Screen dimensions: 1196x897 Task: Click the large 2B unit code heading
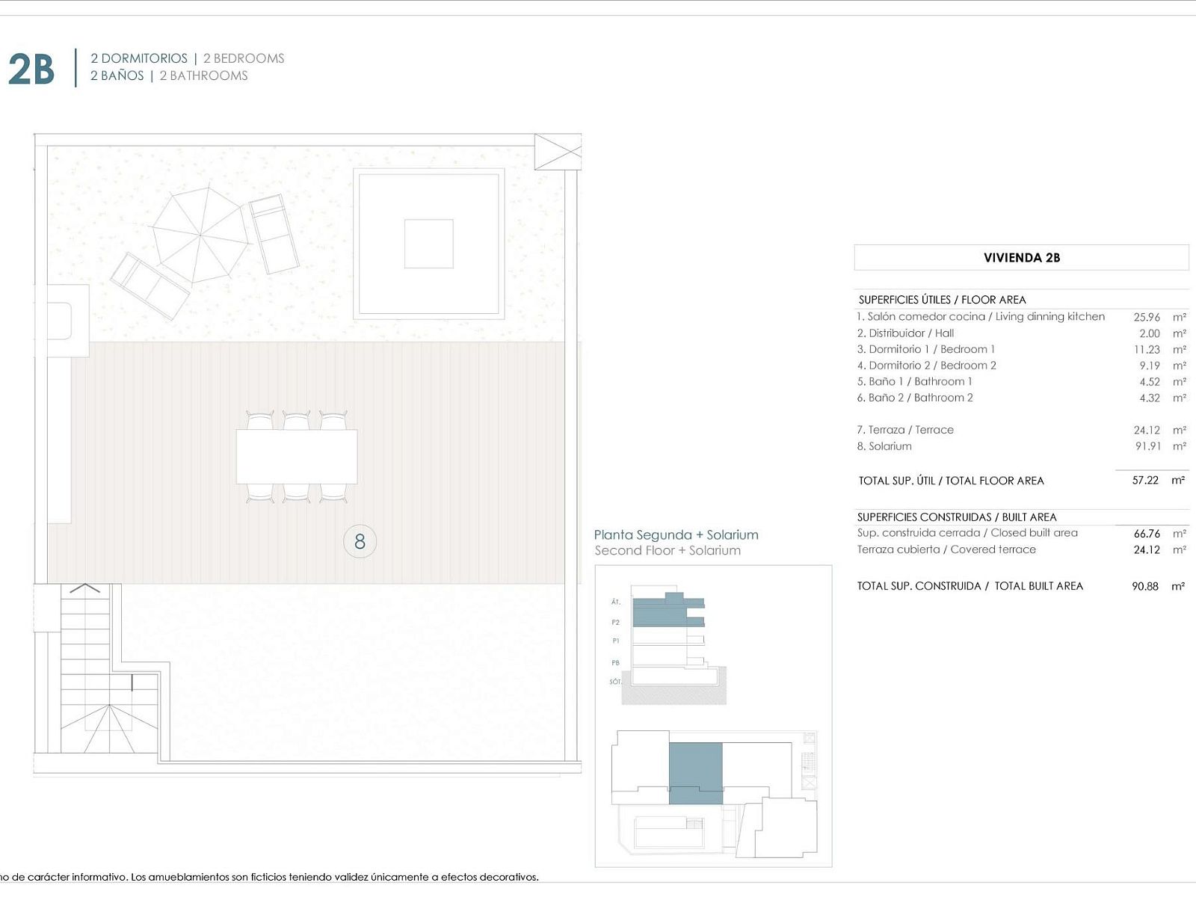tap(31, 70)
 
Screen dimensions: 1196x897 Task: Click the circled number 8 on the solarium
tap(360, 541)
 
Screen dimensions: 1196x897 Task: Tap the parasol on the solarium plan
tap(200, 235)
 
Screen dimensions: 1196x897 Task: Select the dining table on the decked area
tap(297, 457)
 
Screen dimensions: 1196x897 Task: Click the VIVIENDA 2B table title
tap(1022, 258)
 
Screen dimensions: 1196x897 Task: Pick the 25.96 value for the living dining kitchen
tap(1147, 317)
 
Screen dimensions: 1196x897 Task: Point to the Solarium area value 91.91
tap(1147, 446)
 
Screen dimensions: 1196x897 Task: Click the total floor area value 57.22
tap(1144, 481)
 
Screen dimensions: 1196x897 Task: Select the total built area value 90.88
tap(1144, 586)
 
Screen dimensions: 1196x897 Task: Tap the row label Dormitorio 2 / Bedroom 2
tap(926, 366)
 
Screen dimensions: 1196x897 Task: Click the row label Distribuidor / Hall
tap(905, 333)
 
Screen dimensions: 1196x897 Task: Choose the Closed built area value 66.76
tap(1147, 533)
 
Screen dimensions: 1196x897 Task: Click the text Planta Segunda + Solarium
tap(676, 534)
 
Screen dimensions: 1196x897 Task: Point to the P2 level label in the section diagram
tap(615, 623)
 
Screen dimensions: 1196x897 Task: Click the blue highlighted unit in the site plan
tap(696, 773)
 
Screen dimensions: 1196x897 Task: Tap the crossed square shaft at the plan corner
tap(558, 152)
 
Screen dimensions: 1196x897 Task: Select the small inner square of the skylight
tap(429, 244)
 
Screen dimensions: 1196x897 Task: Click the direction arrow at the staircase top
tap(85, 588)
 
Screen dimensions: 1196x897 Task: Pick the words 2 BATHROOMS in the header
tap(203, 75)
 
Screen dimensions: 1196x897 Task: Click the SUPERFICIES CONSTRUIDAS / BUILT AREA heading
tap(956, 517)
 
